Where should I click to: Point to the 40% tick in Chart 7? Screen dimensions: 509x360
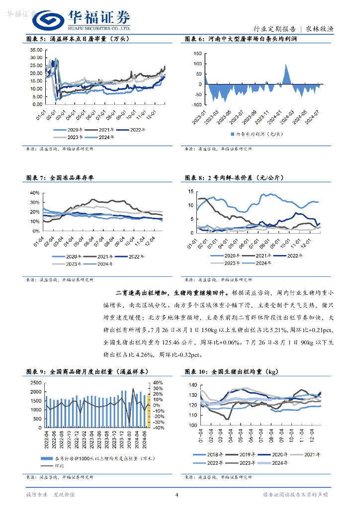35,193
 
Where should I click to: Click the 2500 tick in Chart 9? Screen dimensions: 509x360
35,382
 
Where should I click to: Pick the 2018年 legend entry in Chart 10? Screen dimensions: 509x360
213,454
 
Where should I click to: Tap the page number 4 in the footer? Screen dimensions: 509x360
177,495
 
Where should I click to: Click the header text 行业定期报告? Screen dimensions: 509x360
275,29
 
